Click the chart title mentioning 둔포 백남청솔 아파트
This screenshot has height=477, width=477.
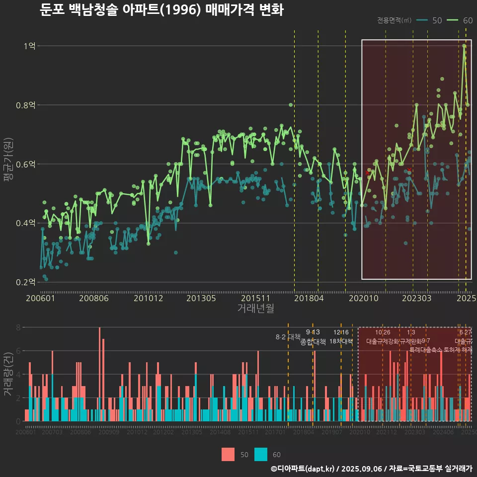161,10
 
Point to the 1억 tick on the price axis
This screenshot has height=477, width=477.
29,46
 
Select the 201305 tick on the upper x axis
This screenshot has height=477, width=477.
201,299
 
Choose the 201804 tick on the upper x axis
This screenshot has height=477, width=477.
309,299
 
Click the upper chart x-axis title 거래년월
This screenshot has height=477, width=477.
255,309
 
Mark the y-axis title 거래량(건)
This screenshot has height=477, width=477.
8,374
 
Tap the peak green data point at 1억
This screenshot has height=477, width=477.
464,46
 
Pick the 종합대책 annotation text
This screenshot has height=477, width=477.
313,342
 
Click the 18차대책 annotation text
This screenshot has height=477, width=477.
341,341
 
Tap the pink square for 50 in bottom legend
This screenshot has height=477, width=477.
228,454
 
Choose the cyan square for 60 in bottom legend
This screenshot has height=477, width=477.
261,454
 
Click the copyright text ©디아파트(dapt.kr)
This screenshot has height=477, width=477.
303,469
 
